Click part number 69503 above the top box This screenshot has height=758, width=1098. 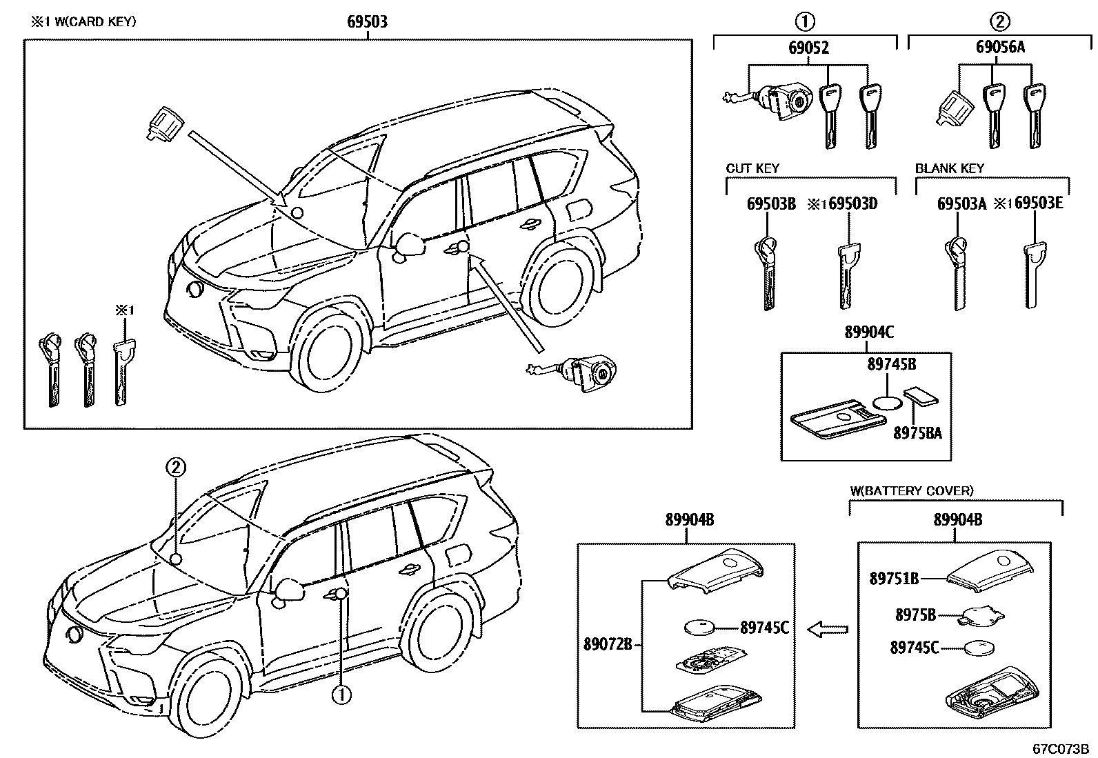(x=366, y=22)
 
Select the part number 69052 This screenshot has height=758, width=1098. (x=808, y=48)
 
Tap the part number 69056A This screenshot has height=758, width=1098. (x=1000, y=48)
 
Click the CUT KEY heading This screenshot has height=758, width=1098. (x=752, y=168)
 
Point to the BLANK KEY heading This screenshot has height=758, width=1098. (x=950, y=168)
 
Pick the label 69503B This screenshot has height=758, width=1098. (x=771, y=204)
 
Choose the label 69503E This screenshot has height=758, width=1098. (x=1039, y=204)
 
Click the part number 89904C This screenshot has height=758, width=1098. (x=869, y=333)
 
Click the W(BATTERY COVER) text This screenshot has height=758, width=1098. (x=911, y=490)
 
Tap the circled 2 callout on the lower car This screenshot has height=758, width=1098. (x=175, y=468)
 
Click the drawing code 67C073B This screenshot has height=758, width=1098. (x=1059, y=748)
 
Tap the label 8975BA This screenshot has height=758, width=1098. (x=917, y=433)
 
